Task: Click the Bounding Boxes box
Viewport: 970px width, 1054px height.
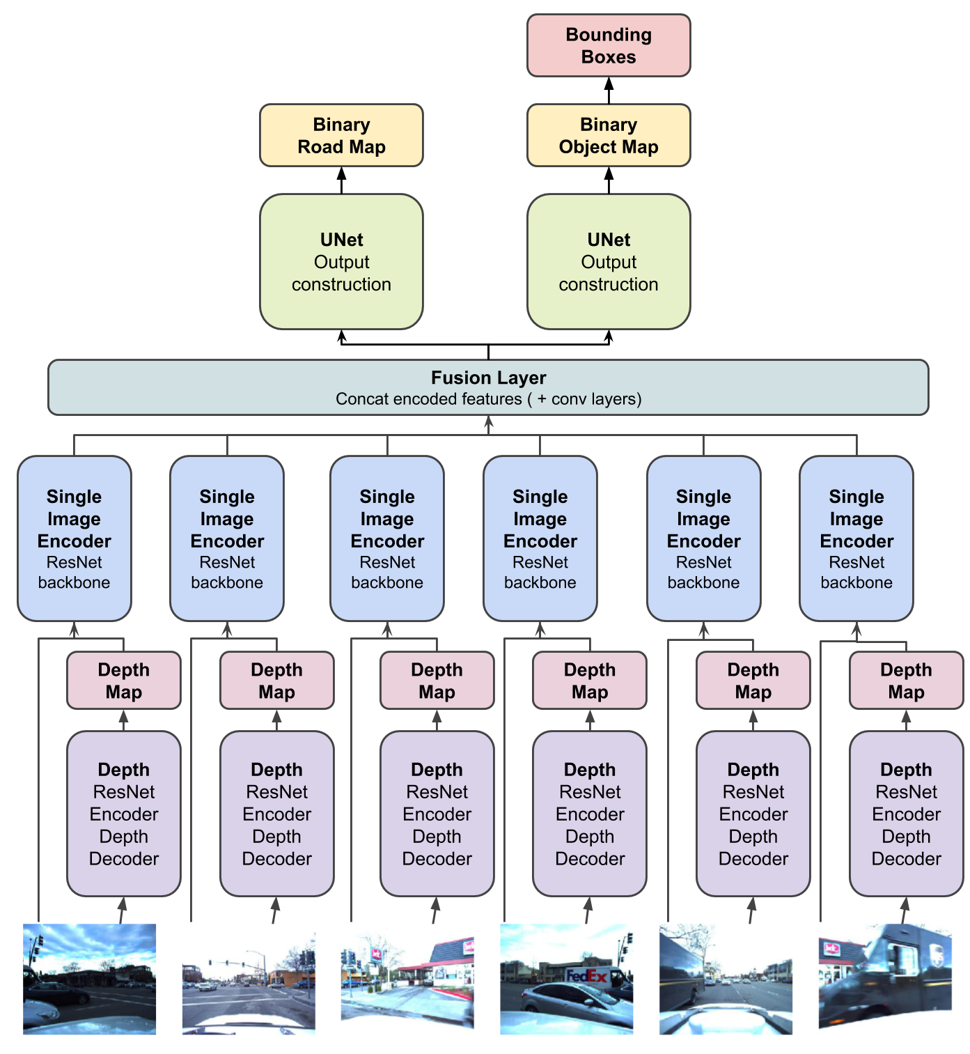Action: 609,45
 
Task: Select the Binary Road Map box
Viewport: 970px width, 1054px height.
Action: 341,135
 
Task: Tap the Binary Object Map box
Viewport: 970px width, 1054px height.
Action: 609,135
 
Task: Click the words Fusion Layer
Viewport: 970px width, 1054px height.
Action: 488,378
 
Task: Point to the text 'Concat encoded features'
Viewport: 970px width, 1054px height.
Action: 428,399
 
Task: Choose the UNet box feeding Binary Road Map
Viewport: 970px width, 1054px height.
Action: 341,261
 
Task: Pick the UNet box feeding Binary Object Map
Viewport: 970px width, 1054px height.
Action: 609,261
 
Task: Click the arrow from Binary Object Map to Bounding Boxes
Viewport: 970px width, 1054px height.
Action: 609,90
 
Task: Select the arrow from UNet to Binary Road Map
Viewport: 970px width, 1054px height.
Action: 341,180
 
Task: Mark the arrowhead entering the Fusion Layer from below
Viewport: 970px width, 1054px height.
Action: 489,421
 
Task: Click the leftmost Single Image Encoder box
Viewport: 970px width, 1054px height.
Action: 74,538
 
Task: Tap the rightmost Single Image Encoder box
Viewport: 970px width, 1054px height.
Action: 856,538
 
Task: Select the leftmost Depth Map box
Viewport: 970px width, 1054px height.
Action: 123,681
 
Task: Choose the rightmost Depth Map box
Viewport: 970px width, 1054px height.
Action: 906,681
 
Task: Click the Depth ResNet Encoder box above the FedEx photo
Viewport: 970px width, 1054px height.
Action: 589,814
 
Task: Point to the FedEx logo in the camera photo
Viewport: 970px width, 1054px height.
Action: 586,975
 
